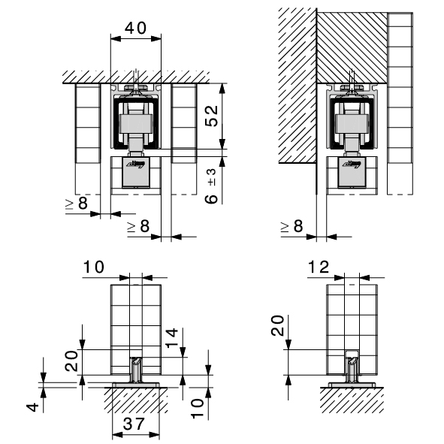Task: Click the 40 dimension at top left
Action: click(136, 28)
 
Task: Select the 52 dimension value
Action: click(212, 116)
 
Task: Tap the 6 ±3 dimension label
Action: click(211, 186)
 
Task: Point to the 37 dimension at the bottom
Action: click(134, 424)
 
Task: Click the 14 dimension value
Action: click(172, 337)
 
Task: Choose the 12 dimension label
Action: click(319, 267)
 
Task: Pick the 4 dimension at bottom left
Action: click(33, 407)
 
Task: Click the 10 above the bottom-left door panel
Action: click(94, 267)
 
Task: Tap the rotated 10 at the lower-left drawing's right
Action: click(198, 409)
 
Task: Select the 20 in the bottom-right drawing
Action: click(277, 325)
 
